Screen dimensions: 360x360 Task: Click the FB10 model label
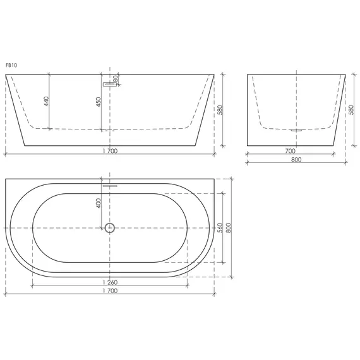click(x=10, y=64)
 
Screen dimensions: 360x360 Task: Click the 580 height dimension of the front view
click(x=220, y=109)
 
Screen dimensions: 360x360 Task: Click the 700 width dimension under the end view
click(x=290, y=151)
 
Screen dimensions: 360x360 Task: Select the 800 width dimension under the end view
click(x=296, y=159)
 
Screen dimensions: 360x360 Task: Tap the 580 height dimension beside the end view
click(x=351, y=109)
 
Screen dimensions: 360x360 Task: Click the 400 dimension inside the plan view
click(x=99, y=203)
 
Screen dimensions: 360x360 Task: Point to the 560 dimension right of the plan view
click(x=220, y=227)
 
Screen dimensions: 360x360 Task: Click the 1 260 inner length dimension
click(x=109, y=282)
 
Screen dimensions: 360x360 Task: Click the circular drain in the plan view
click(x=110, y=228)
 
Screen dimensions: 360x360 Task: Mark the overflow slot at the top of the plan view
click(x=110, y=186)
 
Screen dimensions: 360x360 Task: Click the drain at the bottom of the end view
click(x=296, y=130)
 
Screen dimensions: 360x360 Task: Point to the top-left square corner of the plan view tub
click(x=6, y=179)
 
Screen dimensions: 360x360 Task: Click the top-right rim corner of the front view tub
click(x=214, y=75)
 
